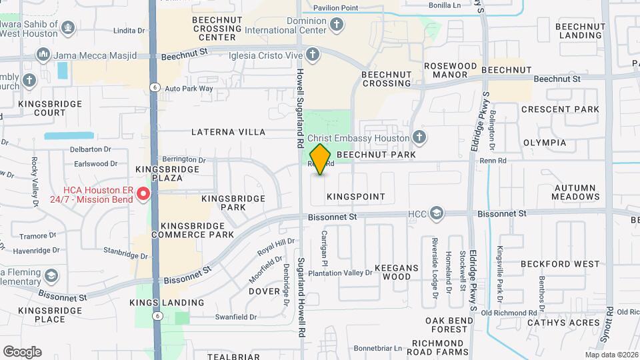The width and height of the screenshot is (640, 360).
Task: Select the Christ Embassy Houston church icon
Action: pos(419,137)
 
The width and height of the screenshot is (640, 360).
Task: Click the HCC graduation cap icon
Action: pos(437,213)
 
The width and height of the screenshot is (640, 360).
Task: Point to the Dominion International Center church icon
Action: pos(337,25)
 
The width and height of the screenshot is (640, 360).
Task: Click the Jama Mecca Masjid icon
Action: pos(43,54)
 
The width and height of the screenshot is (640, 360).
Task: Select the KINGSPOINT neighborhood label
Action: pos(356,197)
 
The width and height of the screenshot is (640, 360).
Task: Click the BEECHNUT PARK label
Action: pos(376,155)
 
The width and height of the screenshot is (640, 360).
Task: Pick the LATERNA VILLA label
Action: pos(228,132)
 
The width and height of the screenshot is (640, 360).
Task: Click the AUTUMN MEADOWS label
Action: pos(576,192)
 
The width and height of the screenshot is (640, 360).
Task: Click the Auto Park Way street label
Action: pos(189,88)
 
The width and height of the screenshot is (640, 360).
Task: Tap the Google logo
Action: pos(22,351)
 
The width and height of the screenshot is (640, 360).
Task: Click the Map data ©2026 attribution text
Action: pos(611,355)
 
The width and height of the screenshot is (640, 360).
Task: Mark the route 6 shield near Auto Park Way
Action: pos(154,87)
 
